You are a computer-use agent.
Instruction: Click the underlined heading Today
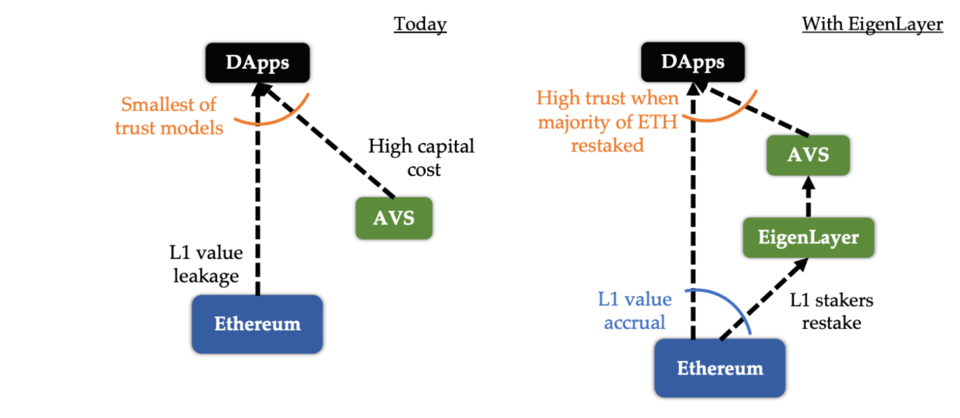(x=420, y=24)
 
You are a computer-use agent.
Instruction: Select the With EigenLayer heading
(x=872, y=24)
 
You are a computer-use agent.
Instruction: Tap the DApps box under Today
(x=258, y=62)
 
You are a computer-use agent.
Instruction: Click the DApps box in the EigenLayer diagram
(x=693, y=62)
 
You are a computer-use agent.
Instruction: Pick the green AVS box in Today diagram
(x=394, y=218)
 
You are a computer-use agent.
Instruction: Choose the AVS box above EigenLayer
(x=808, y=155)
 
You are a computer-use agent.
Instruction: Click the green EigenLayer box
(x=808, y=237)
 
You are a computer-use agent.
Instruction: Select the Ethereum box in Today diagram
(x=257, y=324)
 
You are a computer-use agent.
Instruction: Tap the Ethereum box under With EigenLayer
(x=720, y=368)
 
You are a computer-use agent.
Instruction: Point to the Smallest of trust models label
(x=169, y=116)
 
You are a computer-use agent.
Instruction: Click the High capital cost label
(x=421, y=158)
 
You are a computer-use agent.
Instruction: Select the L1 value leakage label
(x=206, y=264)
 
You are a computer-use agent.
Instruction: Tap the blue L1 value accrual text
(x=635, y=311)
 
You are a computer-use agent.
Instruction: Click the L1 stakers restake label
(x=831, y=311)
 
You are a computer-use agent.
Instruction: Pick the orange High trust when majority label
(x=607, y=122)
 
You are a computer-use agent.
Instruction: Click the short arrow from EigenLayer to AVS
(x=808, y=196)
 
